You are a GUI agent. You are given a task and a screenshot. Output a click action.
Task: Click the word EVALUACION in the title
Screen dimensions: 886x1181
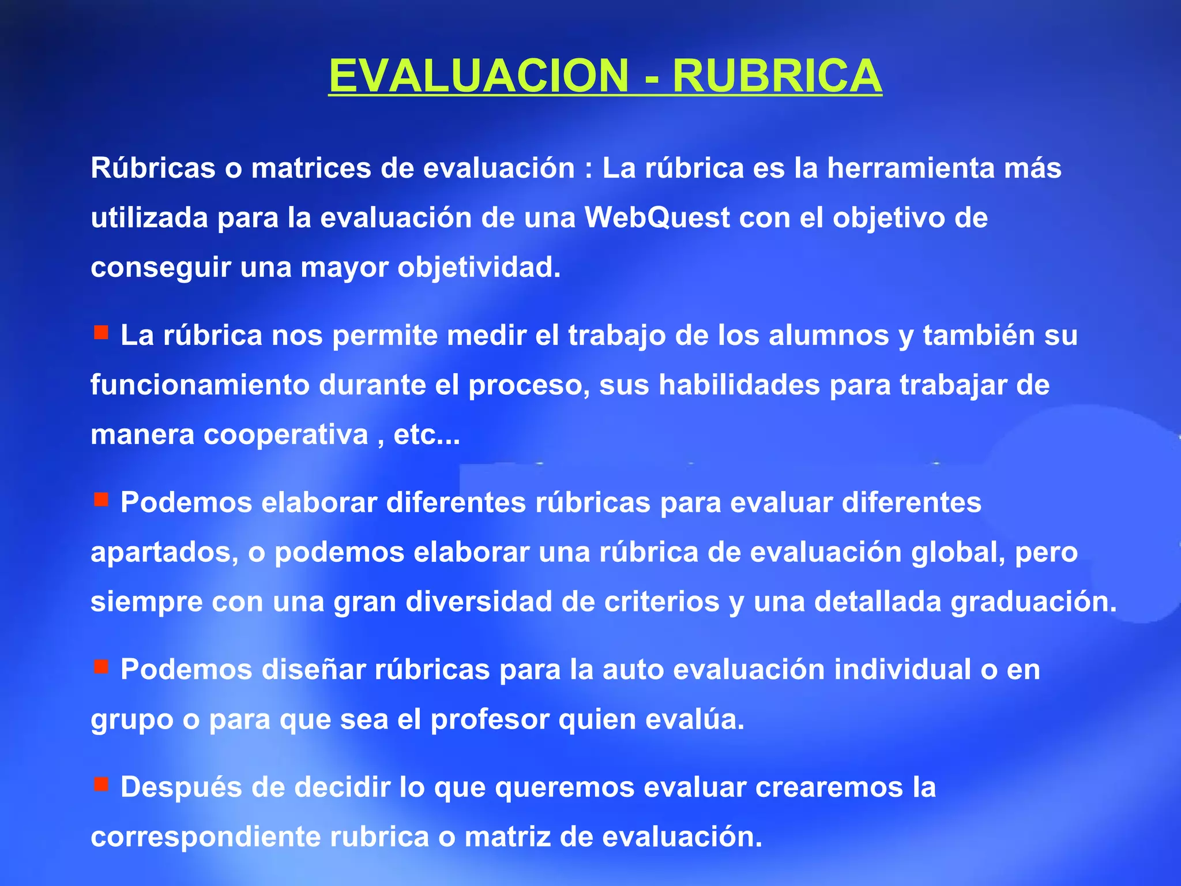coord(479,76)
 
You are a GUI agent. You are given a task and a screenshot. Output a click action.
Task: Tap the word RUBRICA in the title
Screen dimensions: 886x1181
coord(777,76)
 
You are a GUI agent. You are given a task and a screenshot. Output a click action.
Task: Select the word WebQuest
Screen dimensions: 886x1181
coord(657,218)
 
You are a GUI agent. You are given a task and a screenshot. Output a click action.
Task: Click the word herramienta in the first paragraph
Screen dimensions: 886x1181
coord(911,168)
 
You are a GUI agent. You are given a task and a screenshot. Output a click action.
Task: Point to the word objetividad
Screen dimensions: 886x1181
coord(479,268)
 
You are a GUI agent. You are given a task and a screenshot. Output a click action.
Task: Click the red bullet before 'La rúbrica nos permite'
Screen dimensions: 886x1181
coord(101,332)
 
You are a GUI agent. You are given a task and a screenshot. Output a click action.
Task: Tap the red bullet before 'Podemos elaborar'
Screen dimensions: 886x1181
coord(101,500)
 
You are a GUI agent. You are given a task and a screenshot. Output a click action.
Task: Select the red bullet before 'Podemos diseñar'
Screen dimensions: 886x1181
coord(101,667)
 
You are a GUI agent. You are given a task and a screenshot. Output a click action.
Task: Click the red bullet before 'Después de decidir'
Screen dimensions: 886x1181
coord(101,784)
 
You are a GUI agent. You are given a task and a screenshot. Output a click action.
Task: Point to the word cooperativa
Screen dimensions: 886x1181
coord(286,435)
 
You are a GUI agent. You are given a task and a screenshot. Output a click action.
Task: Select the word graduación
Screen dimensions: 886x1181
coord(1033,602)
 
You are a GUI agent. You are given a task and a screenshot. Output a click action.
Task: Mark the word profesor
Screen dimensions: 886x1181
coord(490,720)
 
